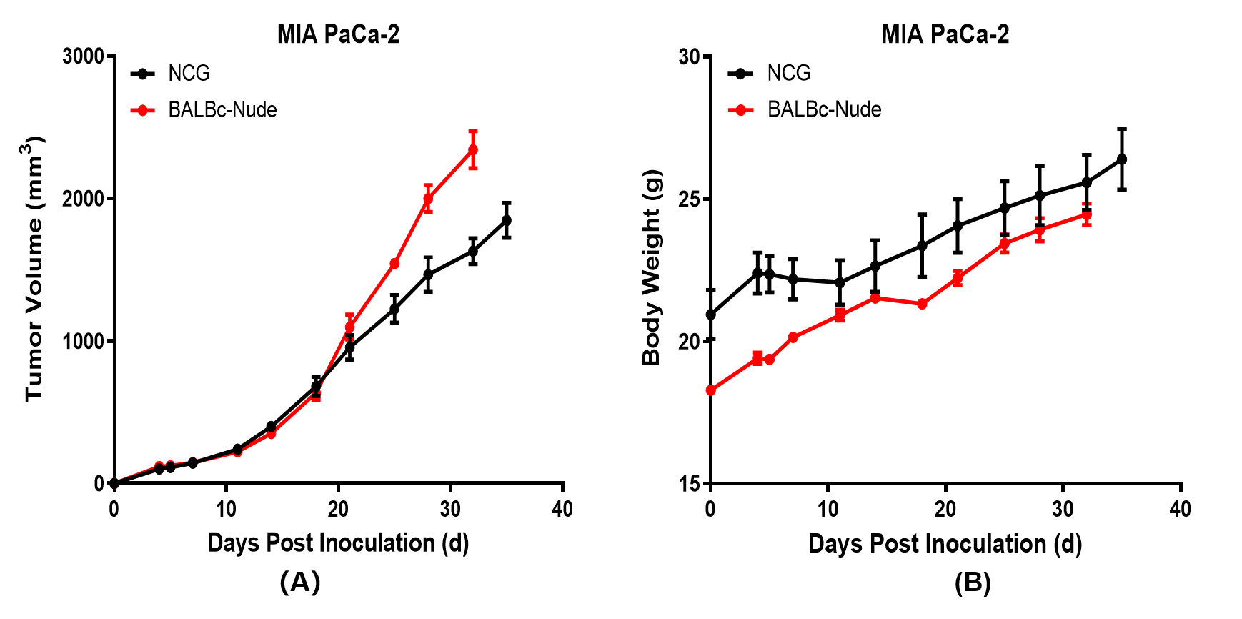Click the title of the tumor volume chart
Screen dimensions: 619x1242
point(338,34)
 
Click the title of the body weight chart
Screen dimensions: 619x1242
point(945,34)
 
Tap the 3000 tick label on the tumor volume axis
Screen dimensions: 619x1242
point(83,56)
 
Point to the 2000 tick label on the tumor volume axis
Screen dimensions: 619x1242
point(83,199)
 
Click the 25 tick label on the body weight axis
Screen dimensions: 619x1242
point(689,199)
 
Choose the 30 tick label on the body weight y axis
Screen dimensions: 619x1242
point(689,56)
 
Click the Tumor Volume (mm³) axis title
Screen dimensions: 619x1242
point(34,269)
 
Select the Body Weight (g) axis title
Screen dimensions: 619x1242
point(651,268)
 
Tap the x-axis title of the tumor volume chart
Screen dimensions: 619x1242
point(338,543)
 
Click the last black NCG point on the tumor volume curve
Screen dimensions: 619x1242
point(507,220)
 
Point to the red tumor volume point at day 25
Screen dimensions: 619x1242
point(394,264)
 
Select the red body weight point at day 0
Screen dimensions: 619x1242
point(710,390)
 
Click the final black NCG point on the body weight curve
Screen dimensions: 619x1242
point(1122,159)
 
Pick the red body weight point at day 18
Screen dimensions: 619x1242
point(922,304)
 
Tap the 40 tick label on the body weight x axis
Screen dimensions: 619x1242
point(1180,509)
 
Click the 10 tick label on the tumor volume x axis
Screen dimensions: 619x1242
point(226,509)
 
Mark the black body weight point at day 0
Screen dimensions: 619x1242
point(710,315)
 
